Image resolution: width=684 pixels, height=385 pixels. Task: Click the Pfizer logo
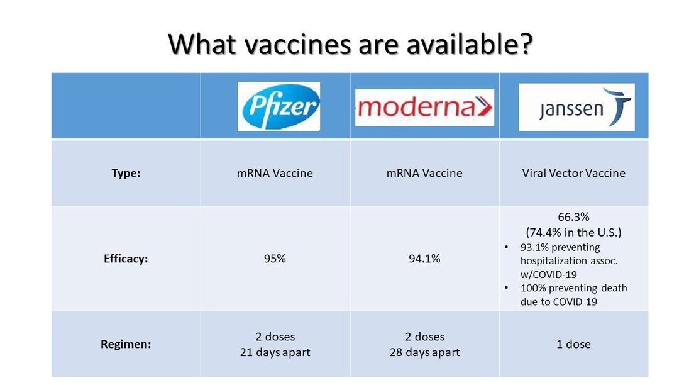pos(279,106)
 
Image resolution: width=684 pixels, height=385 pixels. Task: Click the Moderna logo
pos(424,108)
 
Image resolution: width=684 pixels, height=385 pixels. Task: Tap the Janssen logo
pos(576,108)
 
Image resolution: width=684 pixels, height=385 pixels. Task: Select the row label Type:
pos(126,174)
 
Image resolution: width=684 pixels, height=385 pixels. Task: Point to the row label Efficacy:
pos(126,259)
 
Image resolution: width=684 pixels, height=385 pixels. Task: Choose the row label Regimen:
pos(126,345)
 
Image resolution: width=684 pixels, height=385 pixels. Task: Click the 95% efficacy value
pos(275,259)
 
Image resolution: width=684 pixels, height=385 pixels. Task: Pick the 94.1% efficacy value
pos(424,259)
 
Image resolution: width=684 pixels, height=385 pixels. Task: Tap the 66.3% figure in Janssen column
pos(573,217)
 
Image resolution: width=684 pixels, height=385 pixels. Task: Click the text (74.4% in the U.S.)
pos(573,232)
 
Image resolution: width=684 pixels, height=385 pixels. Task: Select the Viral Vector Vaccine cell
pos(573,173)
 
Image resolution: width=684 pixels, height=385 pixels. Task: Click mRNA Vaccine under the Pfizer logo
pos(275,173)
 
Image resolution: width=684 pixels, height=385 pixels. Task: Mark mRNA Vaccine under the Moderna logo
pos(424,173)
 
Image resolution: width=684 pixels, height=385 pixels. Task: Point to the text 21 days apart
pos(275,352)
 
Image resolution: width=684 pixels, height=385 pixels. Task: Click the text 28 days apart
pos(424,352)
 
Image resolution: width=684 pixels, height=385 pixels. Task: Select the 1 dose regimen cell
pos(573,344)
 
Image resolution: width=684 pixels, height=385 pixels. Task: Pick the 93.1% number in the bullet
pos(533,247)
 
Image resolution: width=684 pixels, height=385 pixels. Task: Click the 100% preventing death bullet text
pos(573,288)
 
